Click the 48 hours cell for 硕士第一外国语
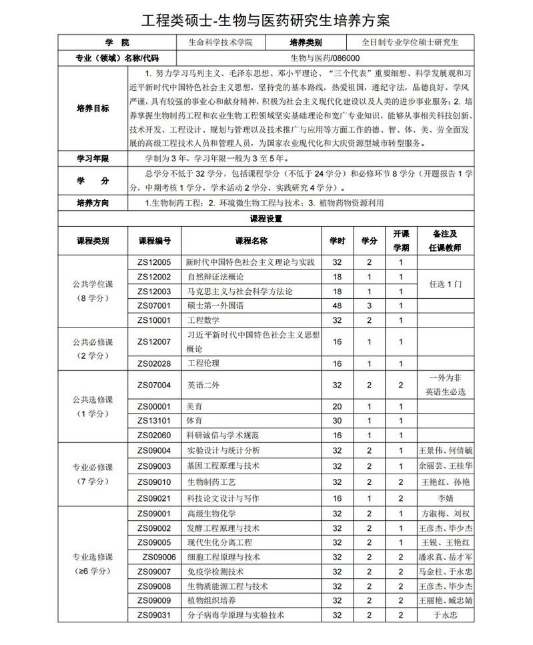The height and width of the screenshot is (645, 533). [x=337, y=305]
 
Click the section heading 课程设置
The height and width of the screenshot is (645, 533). [x=266, y=218]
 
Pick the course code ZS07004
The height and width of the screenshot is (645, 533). [x=155, y=385]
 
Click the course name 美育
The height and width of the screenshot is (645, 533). [x=194, y=406]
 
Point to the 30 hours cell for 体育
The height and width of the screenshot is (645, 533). [x=337, y=421]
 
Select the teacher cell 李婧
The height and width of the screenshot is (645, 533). [x=445, y=498]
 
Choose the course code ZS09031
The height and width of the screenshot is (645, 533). [x=155, y=616]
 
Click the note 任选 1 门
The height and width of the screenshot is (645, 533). [x=445, y=283]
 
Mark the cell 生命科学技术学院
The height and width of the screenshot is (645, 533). [x=220, y=43]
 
